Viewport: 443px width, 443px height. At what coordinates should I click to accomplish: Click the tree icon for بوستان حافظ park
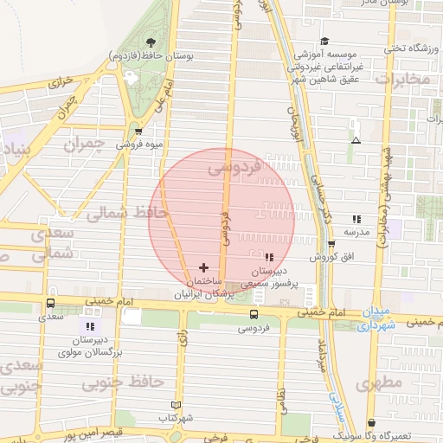tap(151, 42)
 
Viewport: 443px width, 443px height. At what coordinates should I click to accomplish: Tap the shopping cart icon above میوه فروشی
tap(138, 132)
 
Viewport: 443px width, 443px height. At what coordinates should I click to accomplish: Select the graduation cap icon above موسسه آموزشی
tap(324, 41)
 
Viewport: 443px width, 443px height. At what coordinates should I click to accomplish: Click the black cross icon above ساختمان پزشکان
tap(203, 267)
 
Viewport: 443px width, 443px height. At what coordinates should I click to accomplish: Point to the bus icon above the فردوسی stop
tap(254, 314)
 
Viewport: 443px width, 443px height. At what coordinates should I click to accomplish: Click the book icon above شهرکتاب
tap(177, 405)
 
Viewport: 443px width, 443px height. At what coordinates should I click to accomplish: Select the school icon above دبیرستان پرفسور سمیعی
tap(268, 256)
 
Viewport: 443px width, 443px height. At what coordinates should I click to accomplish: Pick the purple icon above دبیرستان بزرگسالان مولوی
tap(90, 326)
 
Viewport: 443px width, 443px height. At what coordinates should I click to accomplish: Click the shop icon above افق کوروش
tap(331, 244)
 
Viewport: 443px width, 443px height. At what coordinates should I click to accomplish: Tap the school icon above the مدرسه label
tap(356, 219)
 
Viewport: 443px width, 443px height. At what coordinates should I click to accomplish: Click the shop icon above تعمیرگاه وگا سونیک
tap(372, 423)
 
